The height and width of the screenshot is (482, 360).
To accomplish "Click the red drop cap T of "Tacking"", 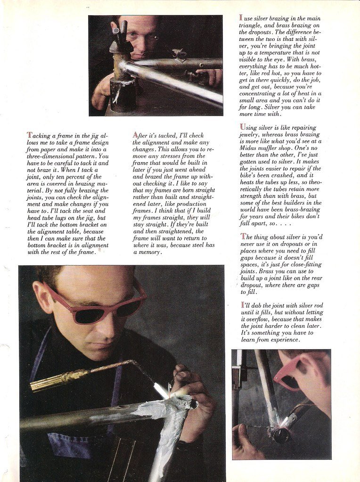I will (29, 135).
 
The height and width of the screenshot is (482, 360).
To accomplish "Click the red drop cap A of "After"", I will (135, 135).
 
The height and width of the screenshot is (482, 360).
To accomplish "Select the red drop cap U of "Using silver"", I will (242, 127).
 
